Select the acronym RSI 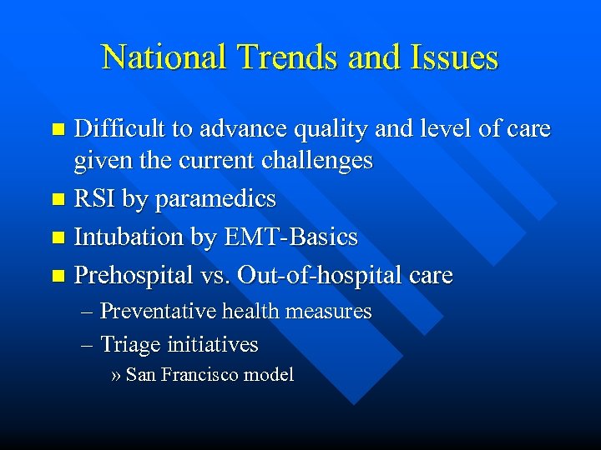[95, 198]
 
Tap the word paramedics [216, 200]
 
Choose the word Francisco [199, 375]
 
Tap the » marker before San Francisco [116, 376]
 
